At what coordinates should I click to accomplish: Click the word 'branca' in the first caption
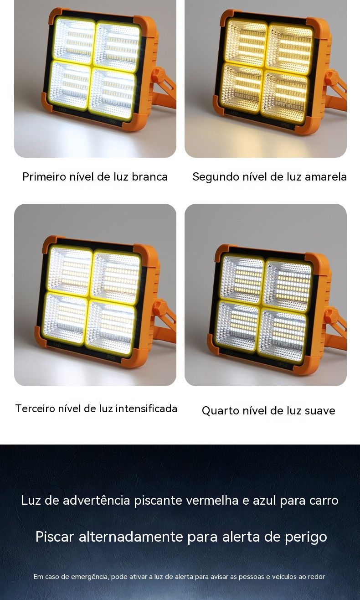tap(149, 177)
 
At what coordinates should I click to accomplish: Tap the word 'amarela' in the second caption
tap(326, 177)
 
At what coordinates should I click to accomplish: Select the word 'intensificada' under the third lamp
tap(146, 409)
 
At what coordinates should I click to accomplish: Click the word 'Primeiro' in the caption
tap(44, 177)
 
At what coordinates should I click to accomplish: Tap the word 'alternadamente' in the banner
tap(131, 537)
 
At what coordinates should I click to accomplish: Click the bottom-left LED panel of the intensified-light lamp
tap(66, 318)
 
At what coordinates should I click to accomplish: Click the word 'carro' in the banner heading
tap(324, 500)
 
